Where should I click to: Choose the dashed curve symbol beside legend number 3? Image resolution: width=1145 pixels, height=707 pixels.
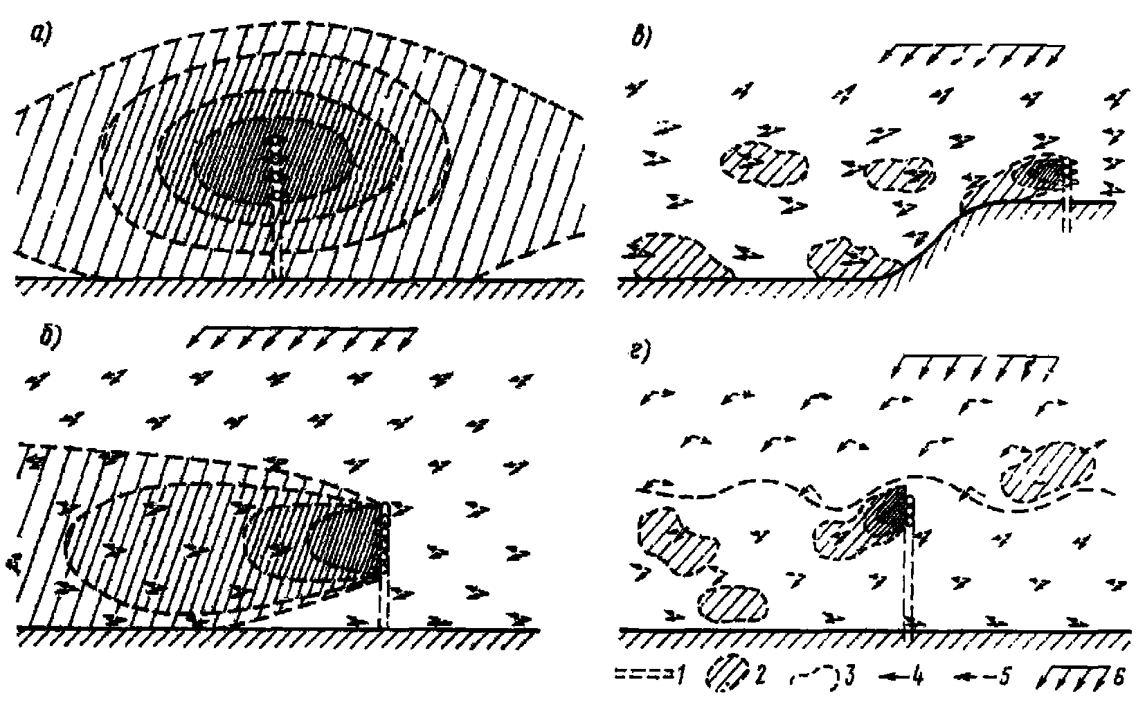813,678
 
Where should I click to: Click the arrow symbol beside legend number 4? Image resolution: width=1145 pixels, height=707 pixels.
894,677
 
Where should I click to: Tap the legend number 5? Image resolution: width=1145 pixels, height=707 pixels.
1004,677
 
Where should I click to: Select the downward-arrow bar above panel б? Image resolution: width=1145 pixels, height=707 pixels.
302,337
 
